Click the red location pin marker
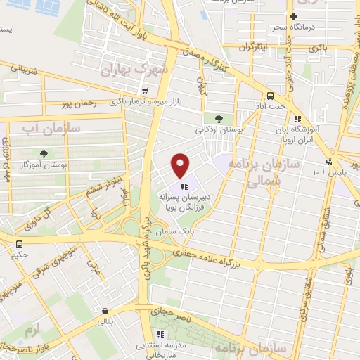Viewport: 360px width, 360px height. coord(181,165)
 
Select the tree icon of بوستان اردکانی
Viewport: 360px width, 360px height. coord(210,118)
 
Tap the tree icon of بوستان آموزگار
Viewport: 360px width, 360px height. coord(44,153)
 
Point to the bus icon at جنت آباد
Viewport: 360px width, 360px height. coord(269,96)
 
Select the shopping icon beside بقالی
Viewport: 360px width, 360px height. coord(105,311)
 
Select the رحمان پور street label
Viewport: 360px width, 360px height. coord(77,104)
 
